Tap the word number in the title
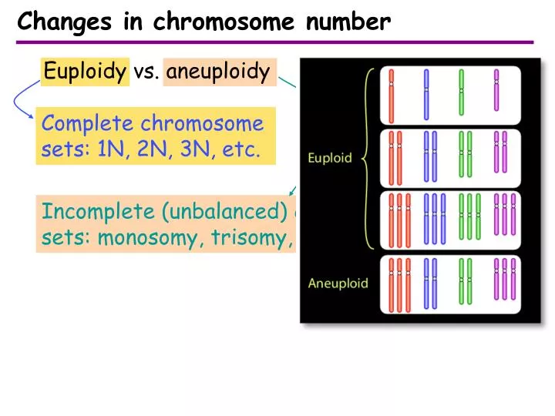click(348, 23)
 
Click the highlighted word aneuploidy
click(218, 72)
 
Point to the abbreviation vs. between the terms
click(145, 72)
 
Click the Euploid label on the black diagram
click(329, 158)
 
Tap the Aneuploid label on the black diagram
click(338, 283)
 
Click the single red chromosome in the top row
click(392, 94)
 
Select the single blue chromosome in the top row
click(425, 94)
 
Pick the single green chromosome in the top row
click(461, 94)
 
